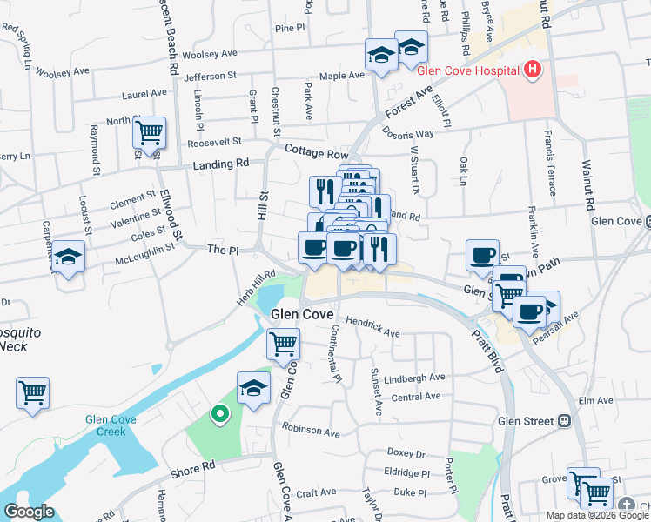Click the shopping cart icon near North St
(x=150, y=133)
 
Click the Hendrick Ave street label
(x=372, y=327)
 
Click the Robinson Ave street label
(x=311, y=430)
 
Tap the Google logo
(x=29, y=512)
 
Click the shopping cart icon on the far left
(x=32, y=392)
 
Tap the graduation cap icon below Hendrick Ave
(x=253, y=388)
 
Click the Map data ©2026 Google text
(x=597, y=515)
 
